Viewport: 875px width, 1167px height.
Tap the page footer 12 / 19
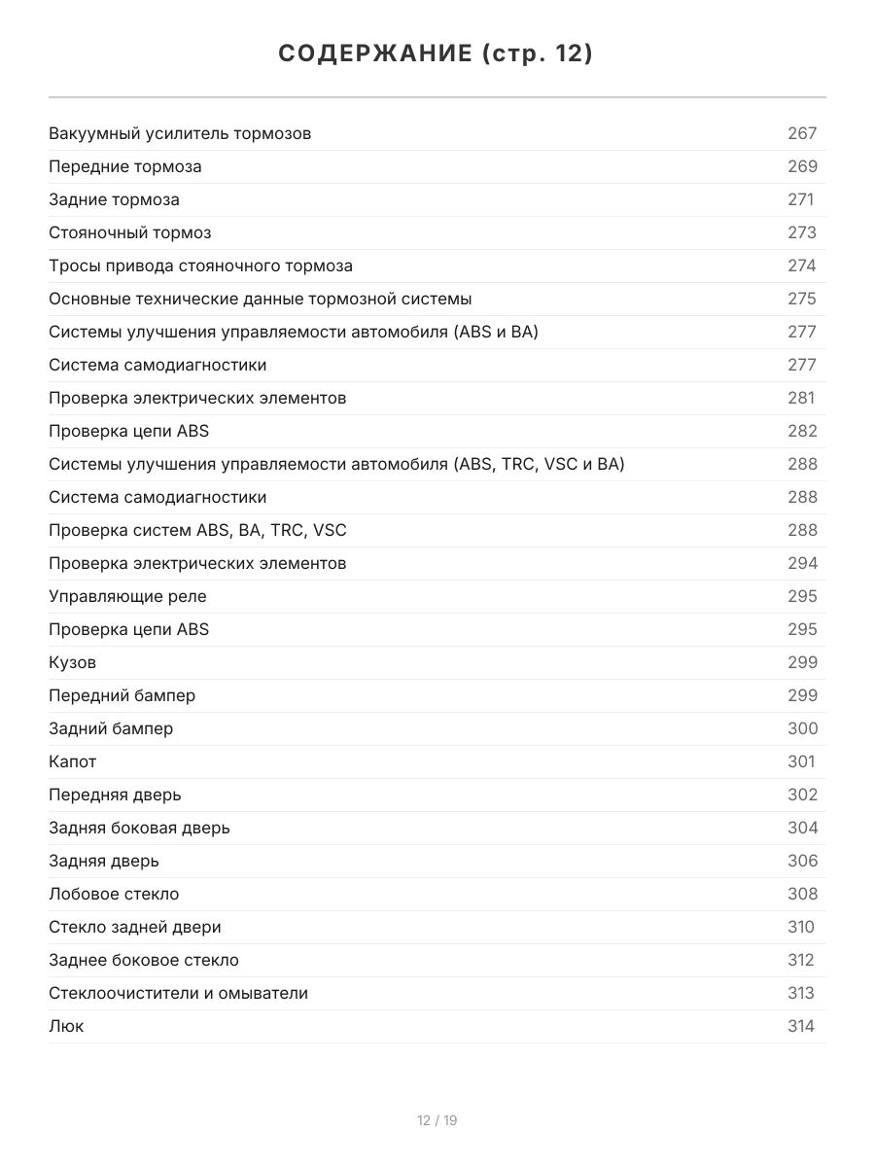pos(437,1120)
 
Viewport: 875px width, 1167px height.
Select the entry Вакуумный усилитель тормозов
pos(180,133)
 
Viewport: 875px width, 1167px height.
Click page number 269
pos(802,166)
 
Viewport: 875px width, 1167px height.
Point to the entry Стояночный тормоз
pos(129,232)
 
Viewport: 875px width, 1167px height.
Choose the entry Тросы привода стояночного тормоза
pos(200,265)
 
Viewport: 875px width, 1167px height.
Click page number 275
pos(802,299)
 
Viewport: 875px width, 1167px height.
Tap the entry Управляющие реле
pos(127,596)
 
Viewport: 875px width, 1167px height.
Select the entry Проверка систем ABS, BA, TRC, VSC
pos(197,530)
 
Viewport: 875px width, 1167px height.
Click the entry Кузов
pos(72,662)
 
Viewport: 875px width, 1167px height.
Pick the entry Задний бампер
pos(111,728)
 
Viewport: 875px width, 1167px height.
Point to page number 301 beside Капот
pos(801,761)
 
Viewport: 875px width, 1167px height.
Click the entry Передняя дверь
pos(115,795)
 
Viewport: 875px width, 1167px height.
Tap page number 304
pos(802,828)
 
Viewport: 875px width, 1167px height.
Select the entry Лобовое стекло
pos(114,894)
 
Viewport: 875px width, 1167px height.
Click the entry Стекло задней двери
pos(135,927)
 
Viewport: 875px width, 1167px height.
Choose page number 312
pos(801,960)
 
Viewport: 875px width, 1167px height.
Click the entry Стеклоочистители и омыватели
pos(178,993)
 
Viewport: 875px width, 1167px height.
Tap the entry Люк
pos(66,1026)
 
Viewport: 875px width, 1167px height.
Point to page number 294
pos(802,563)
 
